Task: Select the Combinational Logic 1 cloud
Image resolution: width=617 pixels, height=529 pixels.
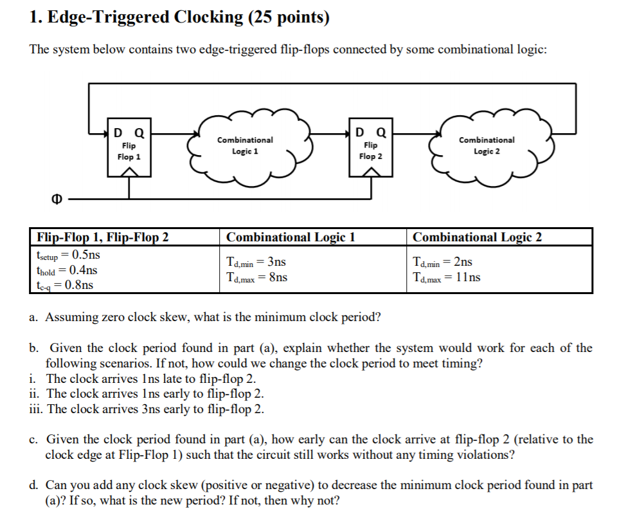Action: (x=245, y=145)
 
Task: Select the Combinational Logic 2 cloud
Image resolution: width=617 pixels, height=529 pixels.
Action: (x=486, y=145)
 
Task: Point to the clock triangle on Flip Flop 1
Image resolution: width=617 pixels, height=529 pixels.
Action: (x=130, y=171)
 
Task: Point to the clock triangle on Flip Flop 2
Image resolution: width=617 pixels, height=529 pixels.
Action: (x=371, y=171)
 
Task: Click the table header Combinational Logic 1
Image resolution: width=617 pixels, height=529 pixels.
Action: (x=291, y=237)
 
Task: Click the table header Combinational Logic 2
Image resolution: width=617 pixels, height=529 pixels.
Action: (x=477, y=237)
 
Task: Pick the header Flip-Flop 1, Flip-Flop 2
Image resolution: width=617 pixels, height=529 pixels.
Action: (x=103, y=237)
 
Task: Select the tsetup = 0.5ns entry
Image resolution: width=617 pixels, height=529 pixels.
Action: (x=68, y=254)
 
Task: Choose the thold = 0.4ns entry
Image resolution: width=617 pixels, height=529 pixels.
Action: (x=67, y=269)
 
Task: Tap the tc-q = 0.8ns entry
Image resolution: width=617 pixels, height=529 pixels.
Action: (x=65, y=284)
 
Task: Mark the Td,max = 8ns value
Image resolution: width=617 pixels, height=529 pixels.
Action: (x=257, y=277)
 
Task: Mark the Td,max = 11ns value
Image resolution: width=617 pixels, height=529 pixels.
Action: (x=446, y=277)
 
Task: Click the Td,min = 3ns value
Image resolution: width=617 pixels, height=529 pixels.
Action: (x=256, y=262)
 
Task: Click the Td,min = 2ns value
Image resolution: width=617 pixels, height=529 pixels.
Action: (x=443, y=262)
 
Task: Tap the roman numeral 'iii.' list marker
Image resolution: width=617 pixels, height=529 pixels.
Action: (x=37, y=409)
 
